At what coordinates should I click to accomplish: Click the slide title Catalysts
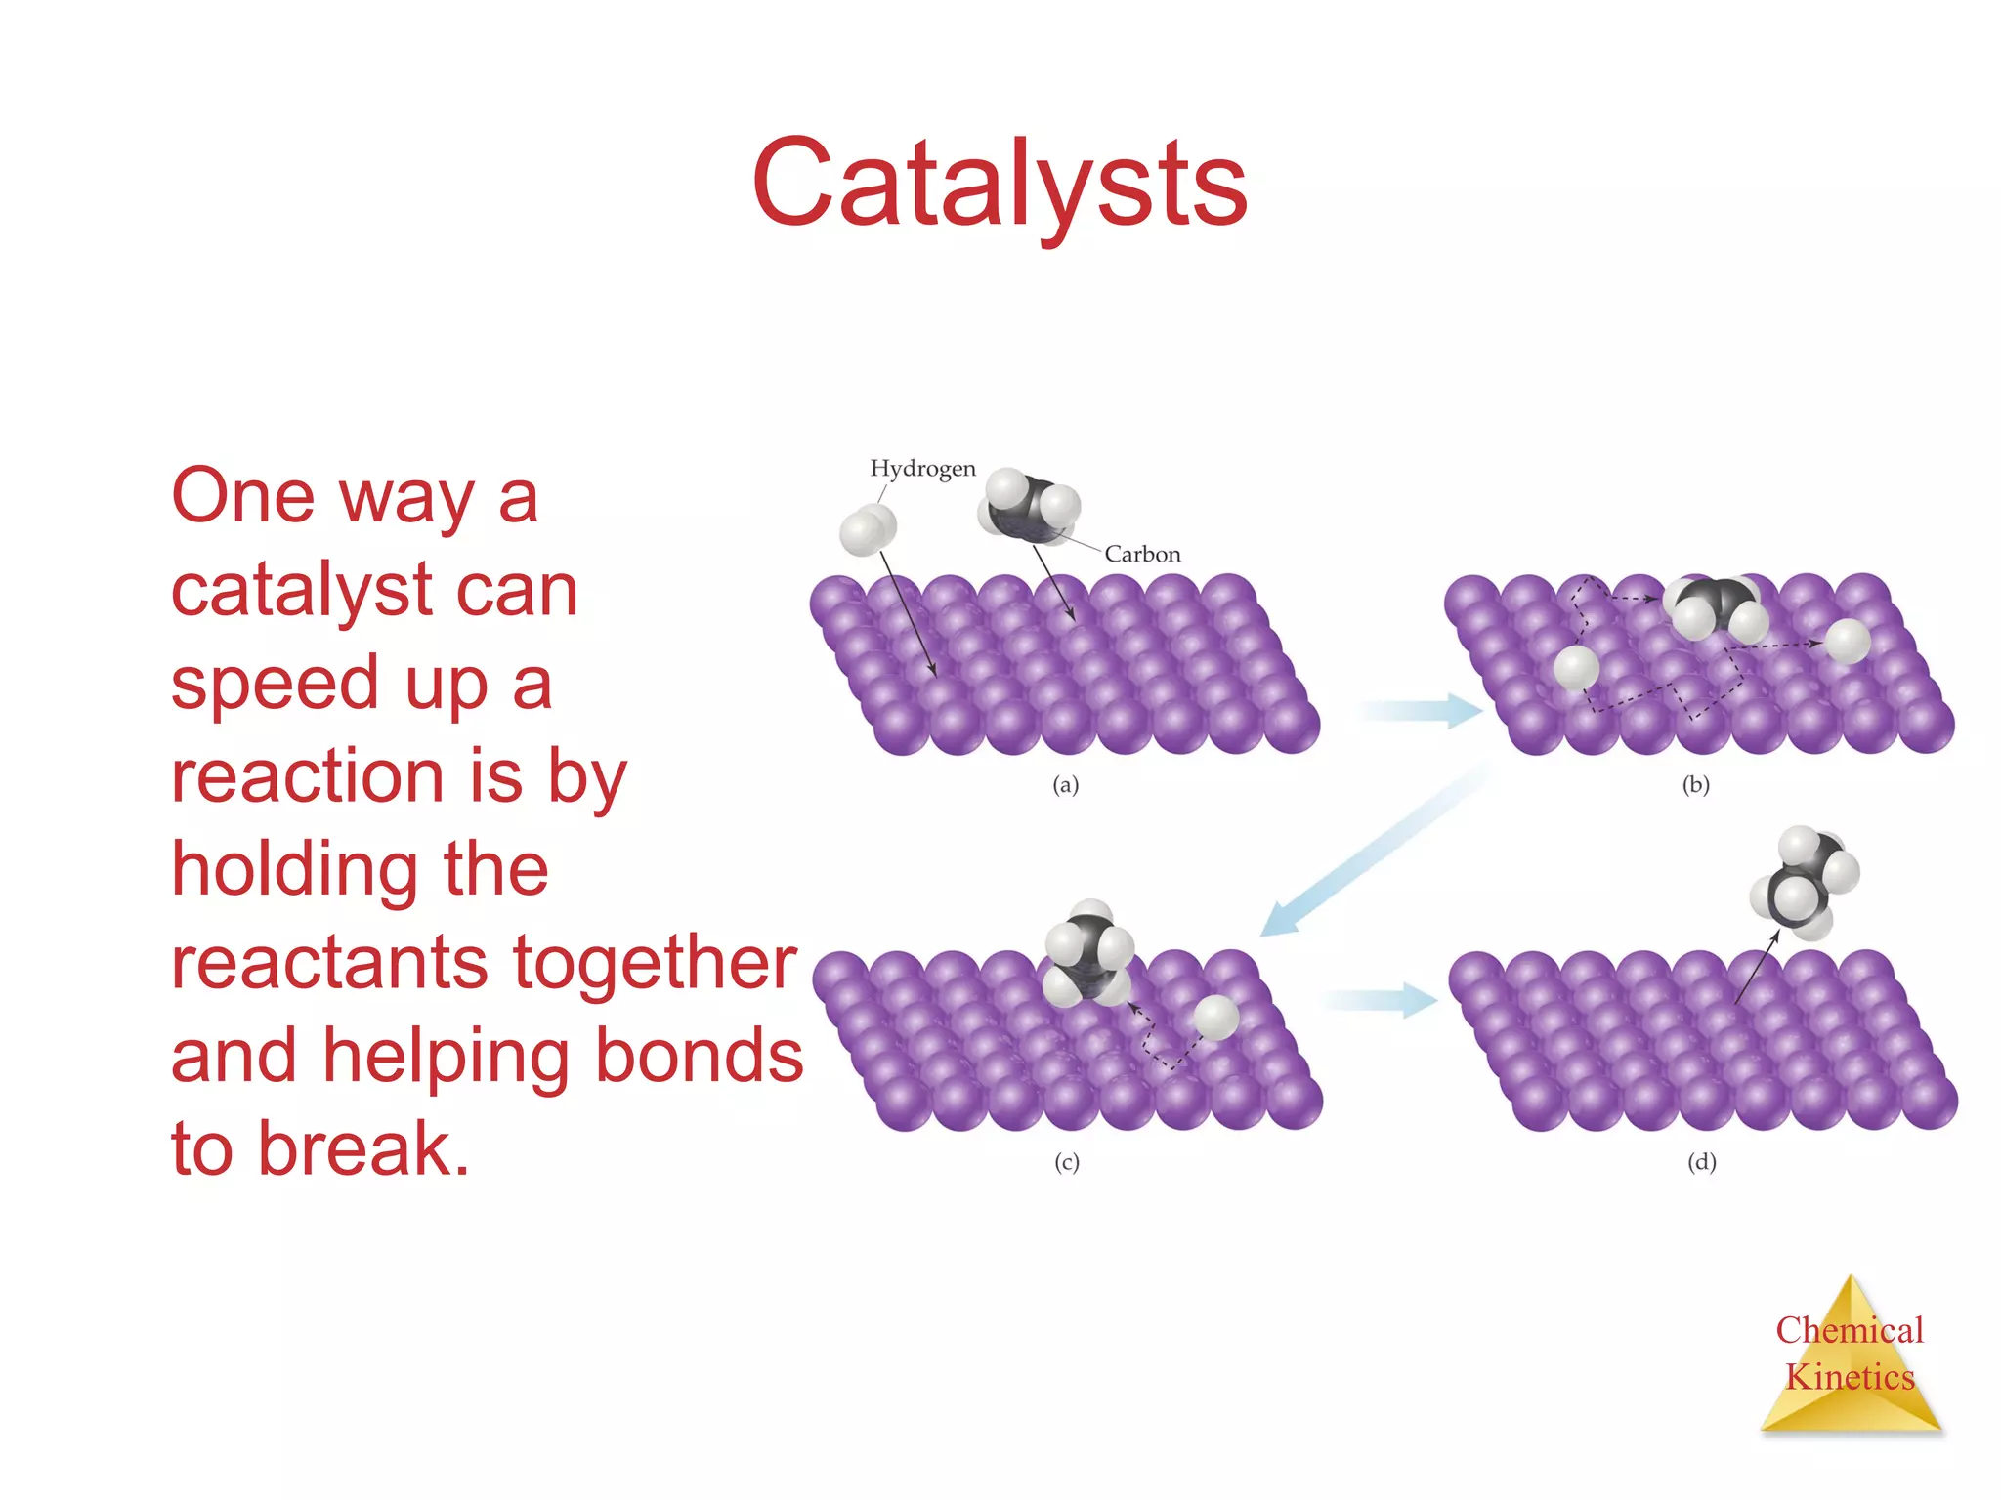(x=999, y=184)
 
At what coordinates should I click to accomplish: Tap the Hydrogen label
(x=922, y=469)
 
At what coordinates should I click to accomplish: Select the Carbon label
(x=1142, y=555)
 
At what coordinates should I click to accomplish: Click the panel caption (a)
(x=1065, y=785)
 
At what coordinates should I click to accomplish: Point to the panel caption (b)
(x=1696, y=785)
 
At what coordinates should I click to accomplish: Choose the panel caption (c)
(x=1066, y=1162)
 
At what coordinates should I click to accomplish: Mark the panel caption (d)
(x=1702, y=1162)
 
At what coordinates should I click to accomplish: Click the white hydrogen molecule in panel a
(x=867, y=530)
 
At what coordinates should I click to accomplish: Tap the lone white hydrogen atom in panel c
(x=1216, y=1018)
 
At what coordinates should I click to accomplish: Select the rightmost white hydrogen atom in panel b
(x=1847, y=642)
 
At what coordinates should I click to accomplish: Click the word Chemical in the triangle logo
(x=1849, y=1330)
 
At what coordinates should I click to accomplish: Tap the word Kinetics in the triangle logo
(x=1850, y=1377)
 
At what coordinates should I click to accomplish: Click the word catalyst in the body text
(x=301, y=592)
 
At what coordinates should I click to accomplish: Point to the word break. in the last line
(x=363, y=1149)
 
